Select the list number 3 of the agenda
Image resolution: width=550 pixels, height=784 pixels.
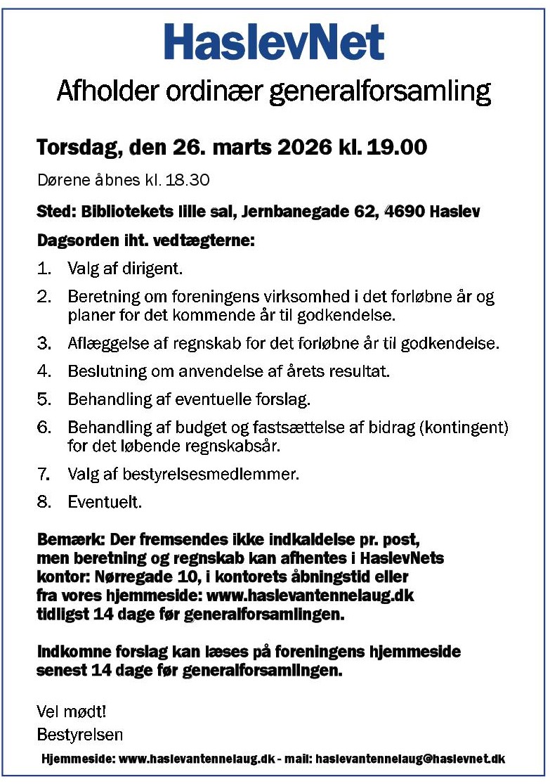(44, 344)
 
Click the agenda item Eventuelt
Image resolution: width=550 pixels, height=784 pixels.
(105, 503)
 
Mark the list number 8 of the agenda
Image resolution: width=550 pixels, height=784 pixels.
(44, 503)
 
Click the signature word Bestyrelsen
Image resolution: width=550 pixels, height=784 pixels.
(79, 735)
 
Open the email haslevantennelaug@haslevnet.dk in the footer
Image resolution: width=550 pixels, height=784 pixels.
(410, 759)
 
